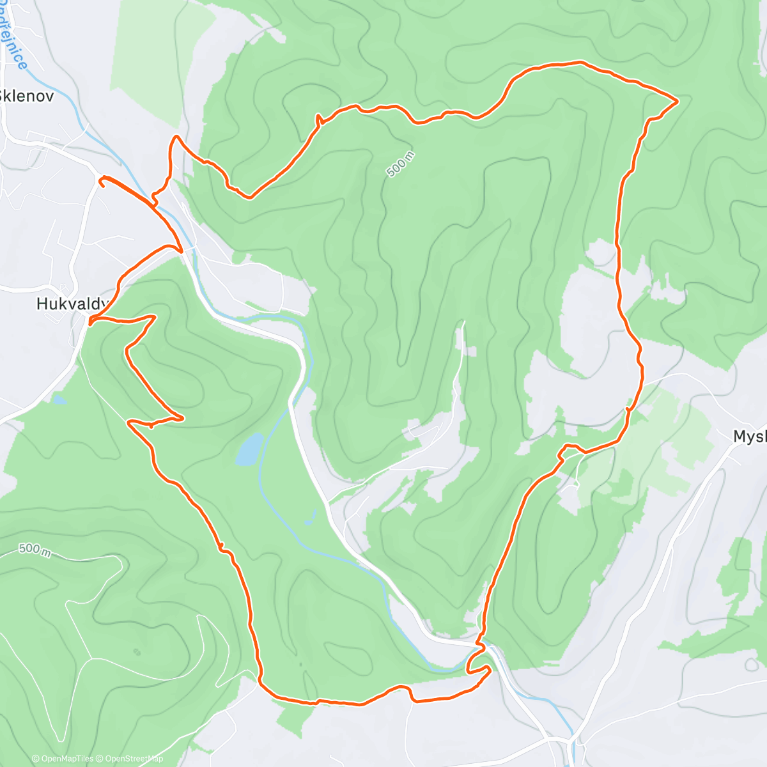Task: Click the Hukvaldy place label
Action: tap(72, 304)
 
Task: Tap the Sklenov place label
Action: tap(27, 97)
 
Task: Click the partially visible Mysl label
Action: tap(750, 437)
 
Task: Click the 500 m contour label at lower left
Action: tap(35, 550)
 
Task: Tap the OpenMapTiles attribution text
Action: tap(63, 759)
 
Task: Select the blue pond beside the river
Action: tap(249, 449)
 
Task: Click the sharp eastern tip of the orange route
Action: tap(677, 100)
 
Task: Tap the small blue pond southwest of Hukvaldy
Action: tap(59, 400)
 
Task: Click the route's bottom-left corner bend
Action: tap(261, 680)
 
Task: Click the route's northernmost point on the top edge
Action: tap(580, 62)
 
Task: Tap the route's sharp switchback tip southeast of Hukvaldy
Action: tap(183, 418)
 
